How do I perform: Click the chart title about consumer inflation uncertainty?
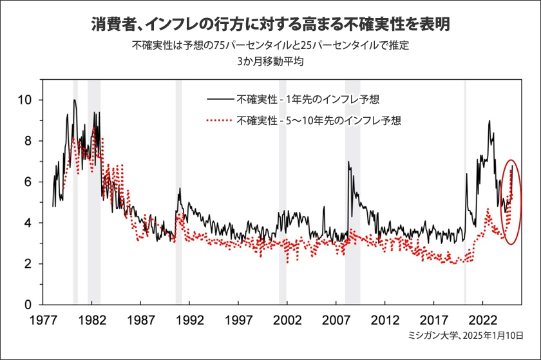(x=270, y=25)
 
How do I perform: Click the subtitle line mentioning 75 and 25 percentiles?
(x=270, y=46)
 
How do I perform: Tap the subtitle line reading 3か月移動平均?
(x=270, y=62)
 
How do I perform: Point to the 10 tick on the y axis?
(x=26, y=100)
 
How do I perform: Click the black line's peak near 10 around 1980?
(x=75, y=100)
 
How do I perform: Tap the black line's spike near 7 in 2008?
(x=348, y=162)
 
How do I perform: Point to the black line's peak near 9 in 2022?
(x=489, y=121)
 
